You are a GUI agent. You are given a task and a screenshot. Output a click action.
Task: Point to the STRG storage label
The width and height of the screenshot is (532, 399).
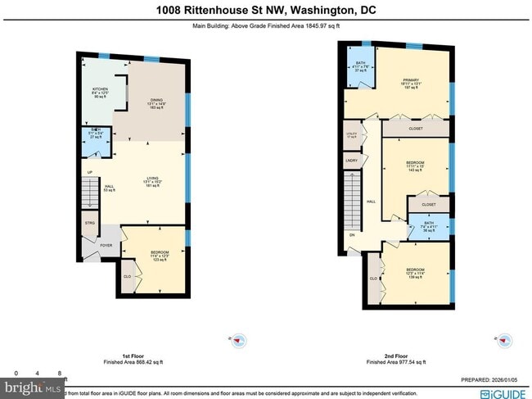coord(89,222)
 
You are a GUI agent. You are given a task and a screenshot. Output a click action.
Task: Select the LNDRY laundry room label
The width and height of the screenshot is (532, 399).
coord(351,161)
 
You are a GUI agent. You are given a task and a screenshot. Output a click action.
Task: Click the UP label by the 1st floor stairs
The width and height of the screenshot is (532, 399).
coord(90,172)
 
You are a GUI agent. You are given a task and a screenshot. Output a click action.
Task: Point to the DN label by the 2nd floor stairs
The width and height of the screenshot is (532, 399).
coord(352,236)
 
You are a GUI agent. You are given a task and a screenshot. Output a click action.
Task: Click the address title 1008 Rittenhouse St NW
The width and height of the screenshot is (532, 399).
coord(266,10)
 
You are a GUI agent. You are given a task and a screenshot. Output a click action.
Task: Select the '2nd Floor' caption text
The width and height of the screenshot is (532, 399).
coord(395,356)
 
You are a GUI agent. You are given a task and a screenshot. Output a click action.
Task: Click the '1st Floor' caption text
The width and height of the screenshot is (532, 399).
coord(133,356)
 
